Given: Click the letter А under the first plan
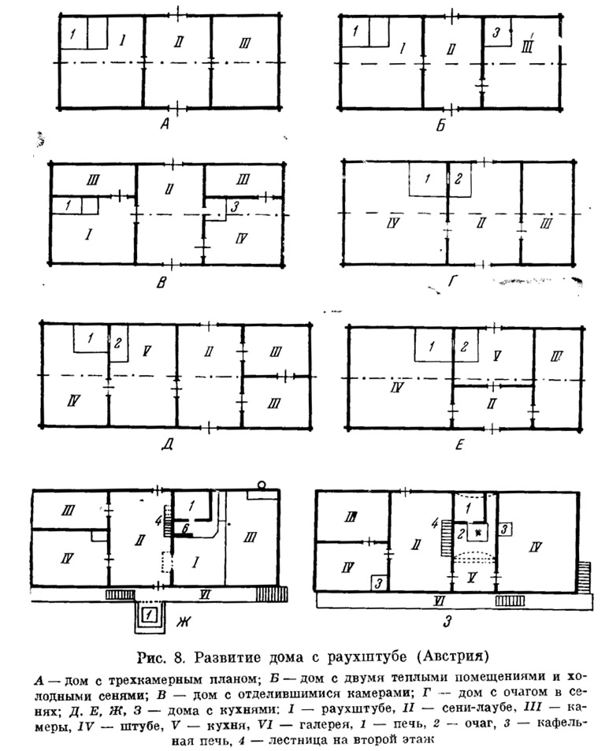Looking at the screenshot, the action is click(x=165, y=124).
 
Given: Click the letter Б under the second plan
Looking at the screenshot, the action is click(x=440, y=125).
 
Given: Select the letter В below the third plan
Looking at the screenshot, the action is click(x=162, y=282).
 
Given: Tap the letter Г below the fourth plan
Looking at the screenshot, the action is click(x=452, y=281).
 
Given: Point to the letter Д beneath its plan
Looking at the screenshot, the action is click(x=167, y=444).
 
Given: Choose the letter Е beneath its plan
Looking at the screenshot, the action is click(x=459, y=445).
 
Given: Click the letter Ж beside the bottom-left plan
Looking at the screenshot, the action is click(x=184, y=622).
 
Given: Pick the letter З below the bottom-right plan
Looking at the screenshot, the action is click(x=447, y=622).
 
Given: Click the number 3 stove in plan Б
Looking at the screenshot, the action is click(x=496, y=32).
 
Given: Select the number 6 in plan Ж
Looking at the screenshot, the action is click(x=185, y=528).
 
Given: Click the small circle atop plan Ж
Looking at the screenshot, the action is click(x=262, y=485).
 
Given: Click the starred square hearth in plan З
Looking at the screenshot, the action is click(x=477, y=533).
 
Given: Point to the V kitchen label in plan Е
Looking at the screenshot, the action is click(x=497, y=355).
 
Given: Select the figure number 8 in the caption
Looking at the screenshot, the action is click(x=179, y=657).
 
